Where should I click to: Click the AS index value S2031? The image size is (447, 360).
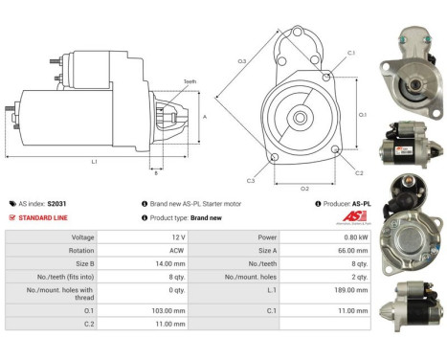[x=56, y=204]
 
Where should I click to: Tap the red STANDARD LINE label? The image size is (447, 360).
[x=46, y=217]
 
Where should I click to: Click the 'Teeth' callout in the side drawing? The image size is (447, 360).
[x=190, y=82]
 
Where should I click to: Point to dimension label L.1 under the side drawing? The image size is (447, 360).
[x=94, y=161]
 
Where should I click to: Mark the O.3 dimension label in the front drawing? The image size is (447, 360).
[x=242, y=61]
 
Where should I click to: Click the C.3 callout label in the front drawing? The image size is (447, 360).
[x=251, y=180]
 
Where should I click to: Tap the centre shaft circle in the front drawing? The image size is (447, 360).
[x=301, y=118]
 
